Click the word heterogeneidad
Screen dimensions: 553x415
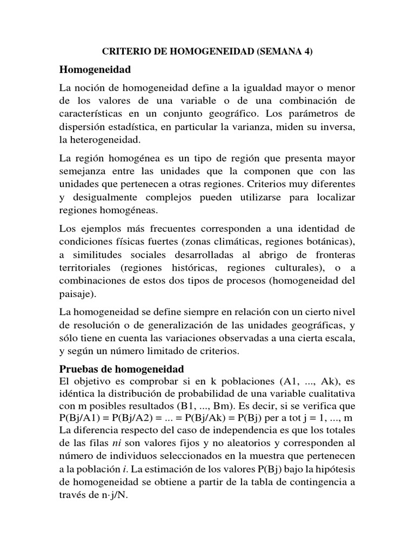click(x=99, y=139)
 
